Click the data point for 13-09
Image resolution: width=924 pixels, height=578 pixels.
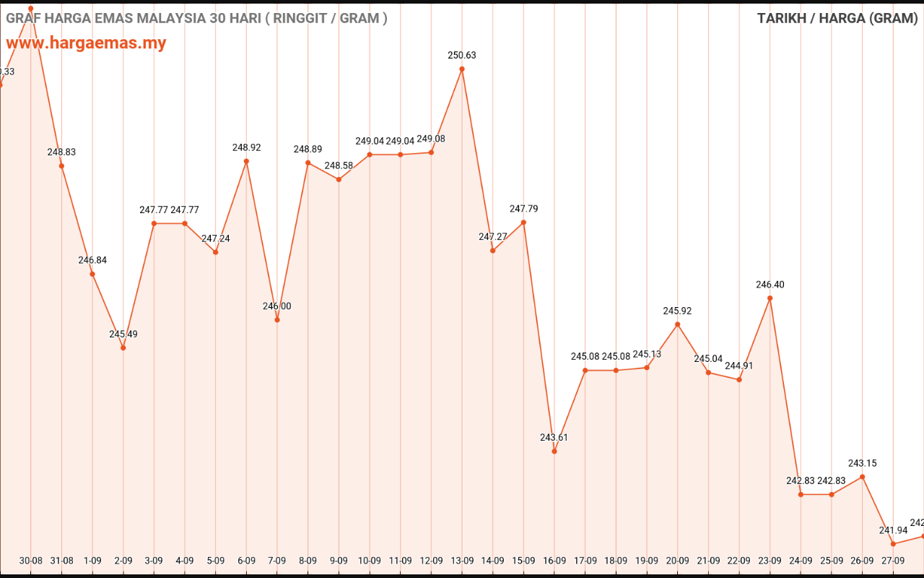coord(462,69)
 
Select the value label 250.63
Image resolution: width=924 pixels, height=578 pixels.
coord(462,56)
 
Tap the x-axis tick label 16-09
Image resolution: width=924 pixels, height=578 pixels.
coord(554,560)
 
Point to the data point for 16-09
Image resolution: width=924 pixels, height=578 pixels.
coord(554,452)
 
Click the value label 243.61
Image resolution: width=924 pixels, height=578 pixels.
coord(554,438)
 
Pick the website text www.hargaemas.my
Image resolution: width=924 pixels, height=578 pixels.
coord(86,43)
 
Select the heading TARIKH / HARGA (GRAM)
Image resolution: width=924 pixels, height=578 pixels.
coord(837,18)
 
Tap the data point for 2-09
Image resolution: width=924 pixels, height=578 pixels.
coord(123,348)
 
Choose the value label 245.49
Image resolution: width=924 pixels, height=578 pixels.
coord(123,335)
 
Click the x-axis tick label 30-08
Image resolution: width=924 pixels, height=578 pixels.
coord(31,560)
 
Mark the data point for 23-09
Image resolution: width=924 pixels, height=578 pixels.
coord(770,298)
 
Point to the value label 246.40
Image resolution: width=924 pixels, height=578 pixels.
coord(770,285)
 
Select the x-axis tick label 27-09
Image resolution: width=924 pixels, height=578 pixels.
coord(893,560)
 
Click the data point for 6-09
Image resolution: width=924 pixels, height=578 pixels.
coord(246,161)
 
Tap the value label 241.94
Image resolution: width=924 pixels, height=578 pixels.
coord(893,530)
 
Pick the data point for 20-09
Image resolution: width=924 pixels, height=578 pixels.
coord(678,324)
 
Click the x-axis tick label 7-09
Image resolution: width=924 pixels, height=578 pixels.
coord(277,560)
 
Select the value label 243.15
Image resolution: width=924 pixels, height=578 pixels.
coord(863,463)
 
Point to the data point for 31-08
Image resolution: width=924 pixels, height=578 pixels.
coord(61,166)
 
